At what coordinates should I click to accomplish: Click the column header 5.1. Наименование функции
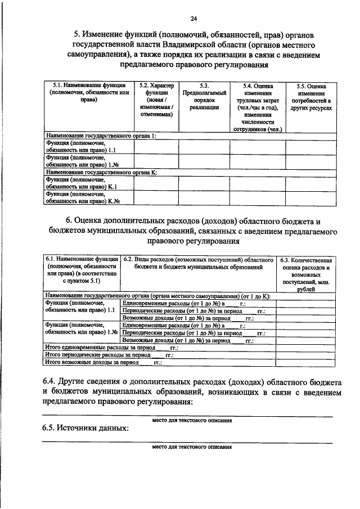(85, 92)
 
